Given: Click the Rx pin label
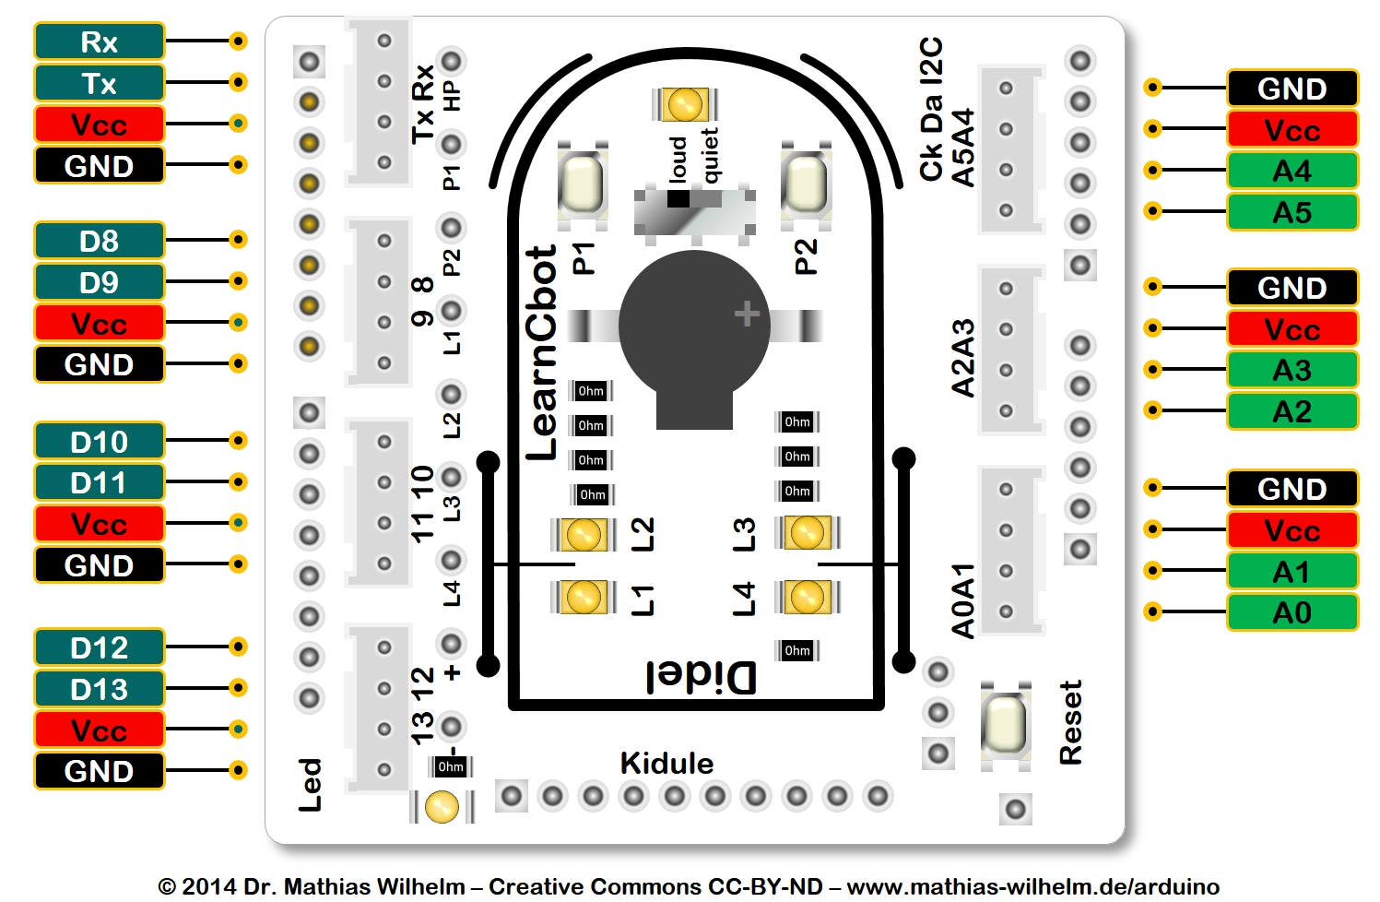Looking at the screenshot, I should click(x=99, y=42).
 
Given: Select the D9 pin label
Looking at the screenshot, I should click(x=99, y=282).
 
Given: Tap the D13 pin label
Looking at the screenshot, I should click(x=99, y=689).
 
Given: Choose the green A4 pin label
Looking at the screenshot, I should click(x=1292, y=171).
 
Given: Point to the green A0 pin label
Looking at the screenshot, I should click(x=1292, y=612).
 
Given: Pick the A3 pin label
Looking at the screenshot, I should click(x=1292, y=370).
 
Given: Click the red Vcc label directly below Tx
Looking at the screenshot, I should click(x=99, y=125).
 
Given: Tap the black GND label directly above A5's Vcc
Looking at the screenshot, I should click(x=1292, y=89).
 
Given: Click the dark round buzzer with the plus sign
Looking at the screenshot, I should click(x=694, y=327).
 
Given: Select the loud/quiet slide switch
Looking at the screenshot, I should click(x=694, y=210).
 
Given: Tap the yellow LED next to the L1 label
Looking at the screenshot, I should click(x=584, y=597).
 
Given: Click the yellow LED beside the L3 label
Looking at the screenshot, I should click(x=808, y=533).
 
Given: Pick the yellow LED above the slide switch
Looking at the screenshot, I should click(x=684, y=104).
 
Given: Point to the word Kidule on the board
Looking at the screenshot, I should click(x=666, y=764).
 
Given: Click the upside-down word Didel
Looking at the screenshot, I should click(x=701, y=678).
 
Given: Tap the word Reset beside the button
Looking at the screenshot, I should click(x=1070, y=723).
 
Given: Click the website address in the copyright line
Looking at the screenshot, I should click(x=1032, y=887).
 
